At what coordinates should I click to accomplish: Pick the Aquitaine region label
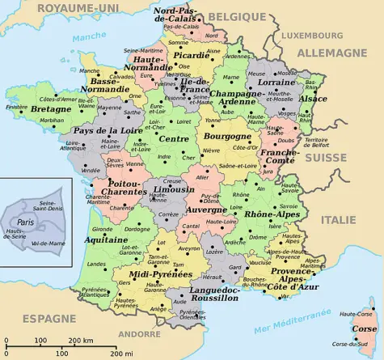point(105,240)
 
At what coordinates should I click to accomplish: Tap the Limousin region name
point(173,189)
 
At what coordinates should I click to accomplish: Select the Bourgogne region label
point(227,137)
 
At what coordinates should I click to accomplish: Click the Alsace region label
point(313,99)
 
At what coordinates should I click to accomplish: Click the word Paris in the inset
point(27,222)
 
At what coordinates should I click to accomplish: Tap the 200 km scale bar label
point(80,341)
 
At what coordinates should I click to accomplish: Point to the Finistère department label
point(16,106)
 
